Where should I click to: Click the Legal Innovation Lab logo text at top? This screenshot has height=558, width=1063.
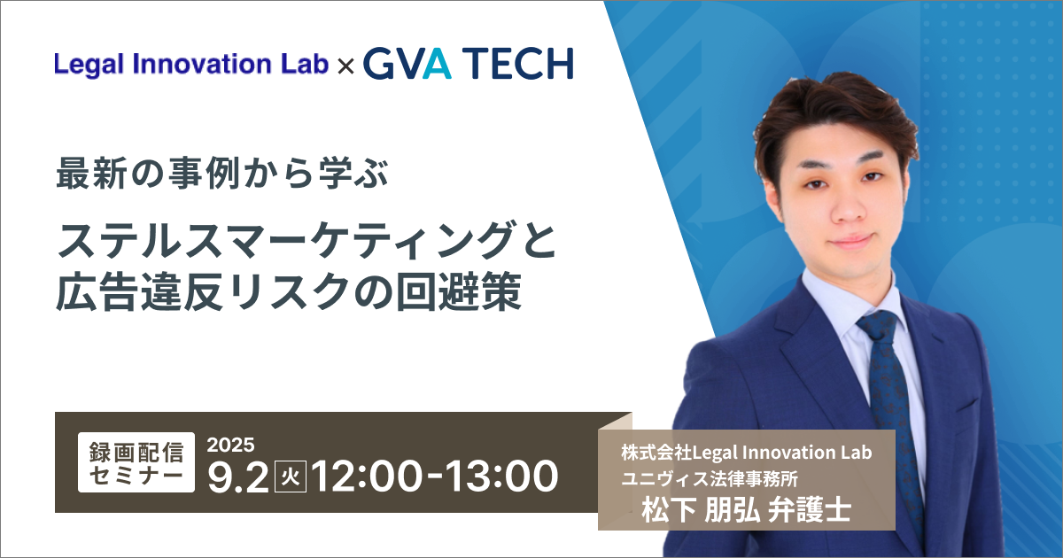click(x=191, y=64)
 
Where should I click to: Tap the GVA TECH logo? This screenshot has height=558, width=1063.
click(x=469, y=64)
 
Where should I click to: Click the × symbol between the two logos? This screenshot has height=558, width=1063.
click(x=346, y=66)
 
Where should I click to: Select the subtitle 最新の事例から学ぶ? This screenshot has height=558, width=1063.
click(x=222, y=174)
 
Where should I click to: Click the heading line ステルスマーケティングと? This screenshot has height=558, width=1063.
click(x=306, y=241)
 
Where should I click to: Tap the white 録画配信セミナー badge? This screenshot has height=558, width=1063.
click(x=136, y=462)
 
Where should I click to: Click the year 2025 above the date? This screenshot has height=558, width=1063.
click(x=230, y=445)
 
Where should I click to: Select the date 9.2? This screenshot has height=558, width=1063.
click(x=238, y=477)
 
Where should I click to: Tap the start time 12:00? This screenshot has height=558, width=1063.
click(x=367, y=477)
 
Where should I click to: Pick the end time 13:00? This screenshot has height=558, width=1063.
click(x=502, y=477)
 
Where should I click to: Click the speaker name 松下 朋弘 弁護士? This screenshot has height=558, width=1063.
click(x=747, y=510)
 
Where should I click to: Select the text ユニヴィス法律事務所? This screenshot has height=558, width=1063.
click(x=710, y=479)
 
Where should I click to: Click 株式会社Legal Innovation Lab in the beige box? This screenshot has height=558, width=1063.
click(x=747, y=453)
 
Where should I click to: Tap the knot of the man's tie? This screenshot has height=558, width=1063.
click(x=879, y=329)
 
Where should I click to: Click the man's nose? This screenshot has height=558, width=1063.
click(x=848, y=209)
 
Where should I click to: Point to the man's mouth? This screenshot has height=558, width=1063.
click(x=850, y=241)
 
